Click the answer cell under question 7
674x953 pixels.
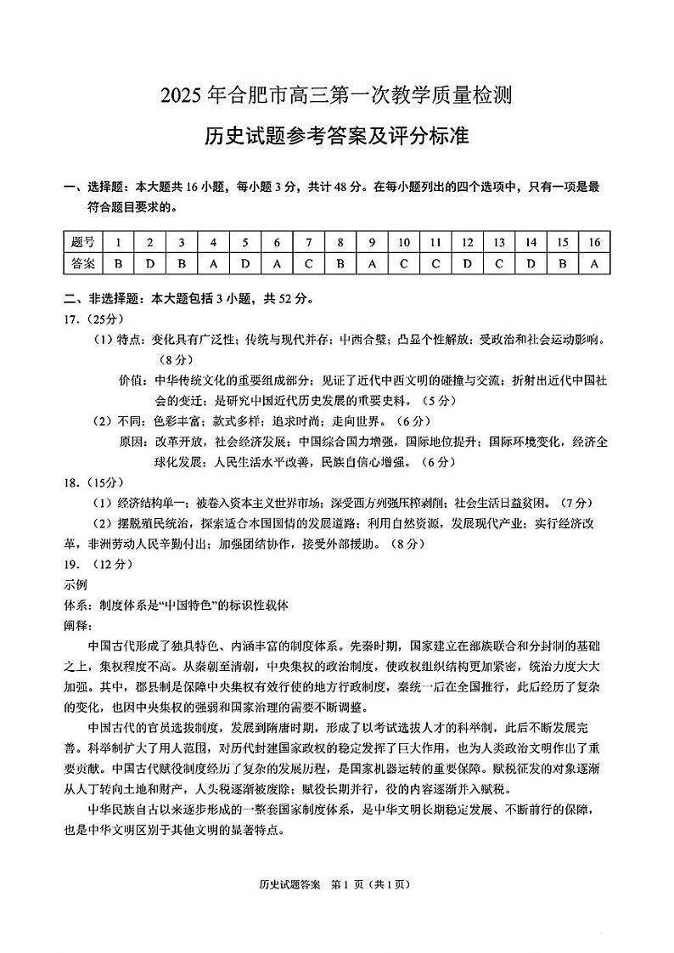(309, 263)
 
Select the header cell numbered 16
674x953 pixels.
(594, 242)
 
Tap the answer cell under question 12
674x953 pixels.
(468, 263)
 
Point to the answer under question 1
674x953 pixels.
(118, 263)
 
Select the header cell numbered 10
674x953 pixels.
(404, 242)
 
